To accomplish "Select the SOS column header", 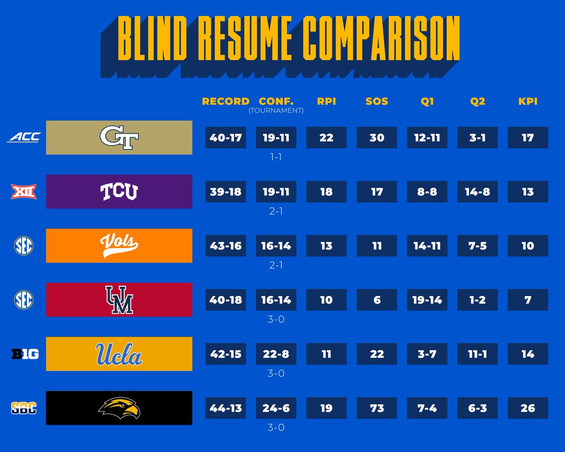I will click(x=377, y=101).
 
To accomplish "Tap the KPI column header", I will click(x=528, y=101).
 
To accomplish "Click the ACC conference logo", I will click(x=24, y=137).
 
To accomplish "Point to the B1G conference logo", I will click(x=24, y=354).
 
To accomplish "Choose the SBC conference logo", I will click(x=24, y=408).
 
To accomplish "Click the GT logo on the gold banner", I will click(x=119, y=137).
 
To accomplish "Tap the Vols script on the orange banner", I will click(x=119, y=245).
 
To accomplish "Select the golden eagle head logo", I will click(x=119, y=408).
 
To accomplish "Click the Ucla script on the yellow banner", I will click(x=119, y=354).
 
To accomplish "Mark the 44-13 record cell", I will click(x=226, y=408).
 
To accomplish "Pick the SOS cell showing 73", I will click(x=377, y=408).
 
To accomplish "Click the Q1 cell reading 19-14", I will click(x=427, y=300).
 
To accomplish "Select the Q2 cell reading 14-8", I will click(x=477, y=192).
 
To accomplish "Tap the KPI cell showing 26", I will click(x=528, y=408).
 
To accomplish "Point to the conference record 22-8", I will click(x=276, y=354).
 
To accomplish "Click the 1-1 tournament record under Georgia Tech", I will click(x=276, y=157).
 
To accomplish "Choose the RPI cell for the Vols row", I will click(x=326, y=246).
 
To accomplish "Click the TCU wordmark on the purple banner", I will click(x=119, y=192).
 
